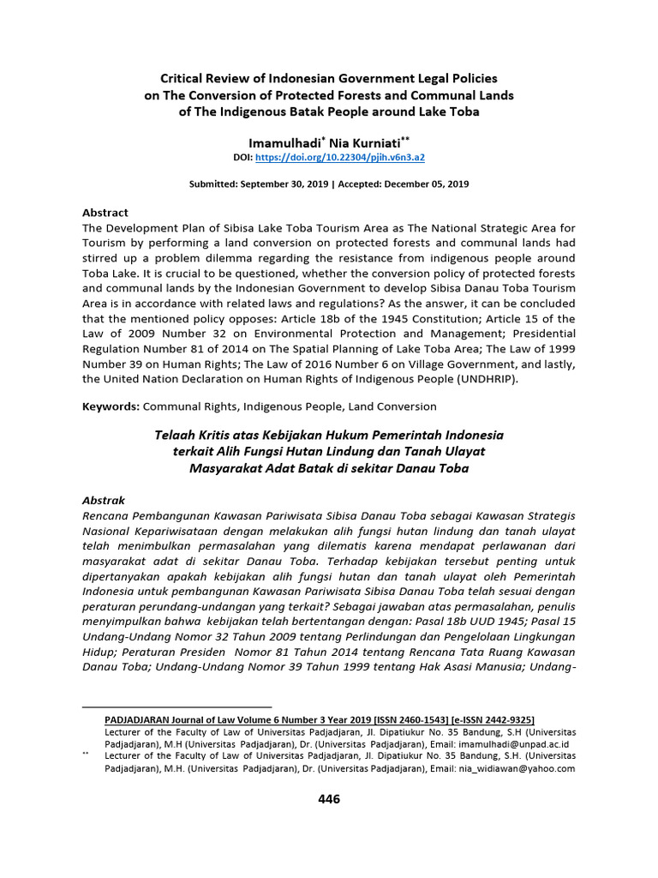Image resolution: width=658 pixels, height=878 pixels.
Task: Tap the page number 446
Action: [329, 799]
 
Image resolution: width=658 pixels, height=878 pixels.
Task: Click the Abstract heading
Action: [105, 212]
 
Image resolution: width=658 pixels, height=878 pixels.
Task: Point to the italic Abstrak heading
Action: [103, 500]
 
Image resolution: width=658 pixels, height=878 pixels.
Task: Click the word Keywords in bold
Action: [110, 406]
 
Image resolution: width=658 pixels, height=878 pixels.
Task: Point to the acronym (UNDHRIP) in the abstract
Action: [488, 379]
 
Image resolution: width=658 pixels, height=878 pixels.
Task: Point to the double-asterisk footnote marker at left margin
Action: [85, 755]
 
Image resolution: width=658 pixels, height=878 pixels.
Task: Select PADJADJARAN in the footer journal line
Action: [142, 720]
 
